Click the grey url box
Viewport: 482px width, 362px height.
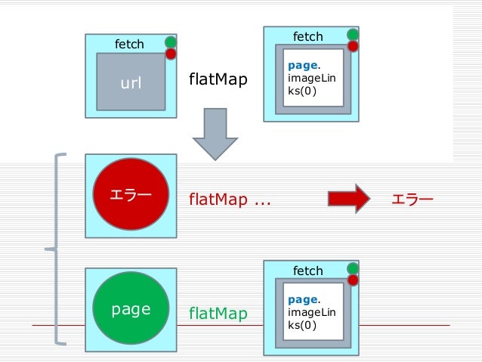tap(131, 82)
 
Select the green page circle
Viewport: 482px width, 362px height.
tap(131, 309)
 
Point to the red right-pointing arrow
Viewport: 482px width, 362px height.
tap(348, 199)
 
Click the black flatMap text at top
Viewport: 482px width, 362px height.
tap(218, 79)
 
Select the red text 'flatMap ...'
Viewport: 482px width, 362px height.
tap(230, 200)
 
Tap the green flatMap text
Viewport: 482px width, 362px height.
tap(218, 314)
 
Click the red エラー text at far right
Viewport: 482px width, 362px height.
tap(412, 199)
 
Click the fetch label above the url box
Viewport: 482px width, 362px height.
tap(128, 45)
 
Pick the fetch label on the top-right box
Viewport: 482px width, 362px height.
tap(307, 36)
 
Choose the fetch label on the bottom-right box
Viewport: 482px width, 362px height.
tap(307, 271)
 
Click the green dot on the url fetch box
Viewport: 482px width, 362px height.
tap(171, 42)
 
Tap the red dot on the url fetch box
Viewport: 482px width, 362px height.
tap(171, 54)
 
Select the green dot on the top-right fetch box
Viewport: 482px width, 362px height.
tap(353, 34)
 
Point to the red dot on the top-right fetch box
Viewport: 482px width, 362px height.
tap(353, 46)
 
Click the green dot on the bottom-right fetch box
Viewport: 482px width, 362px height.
tap(353, 268)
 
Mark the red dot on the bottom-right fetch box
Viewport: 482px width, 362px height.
tap(353, 280)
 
